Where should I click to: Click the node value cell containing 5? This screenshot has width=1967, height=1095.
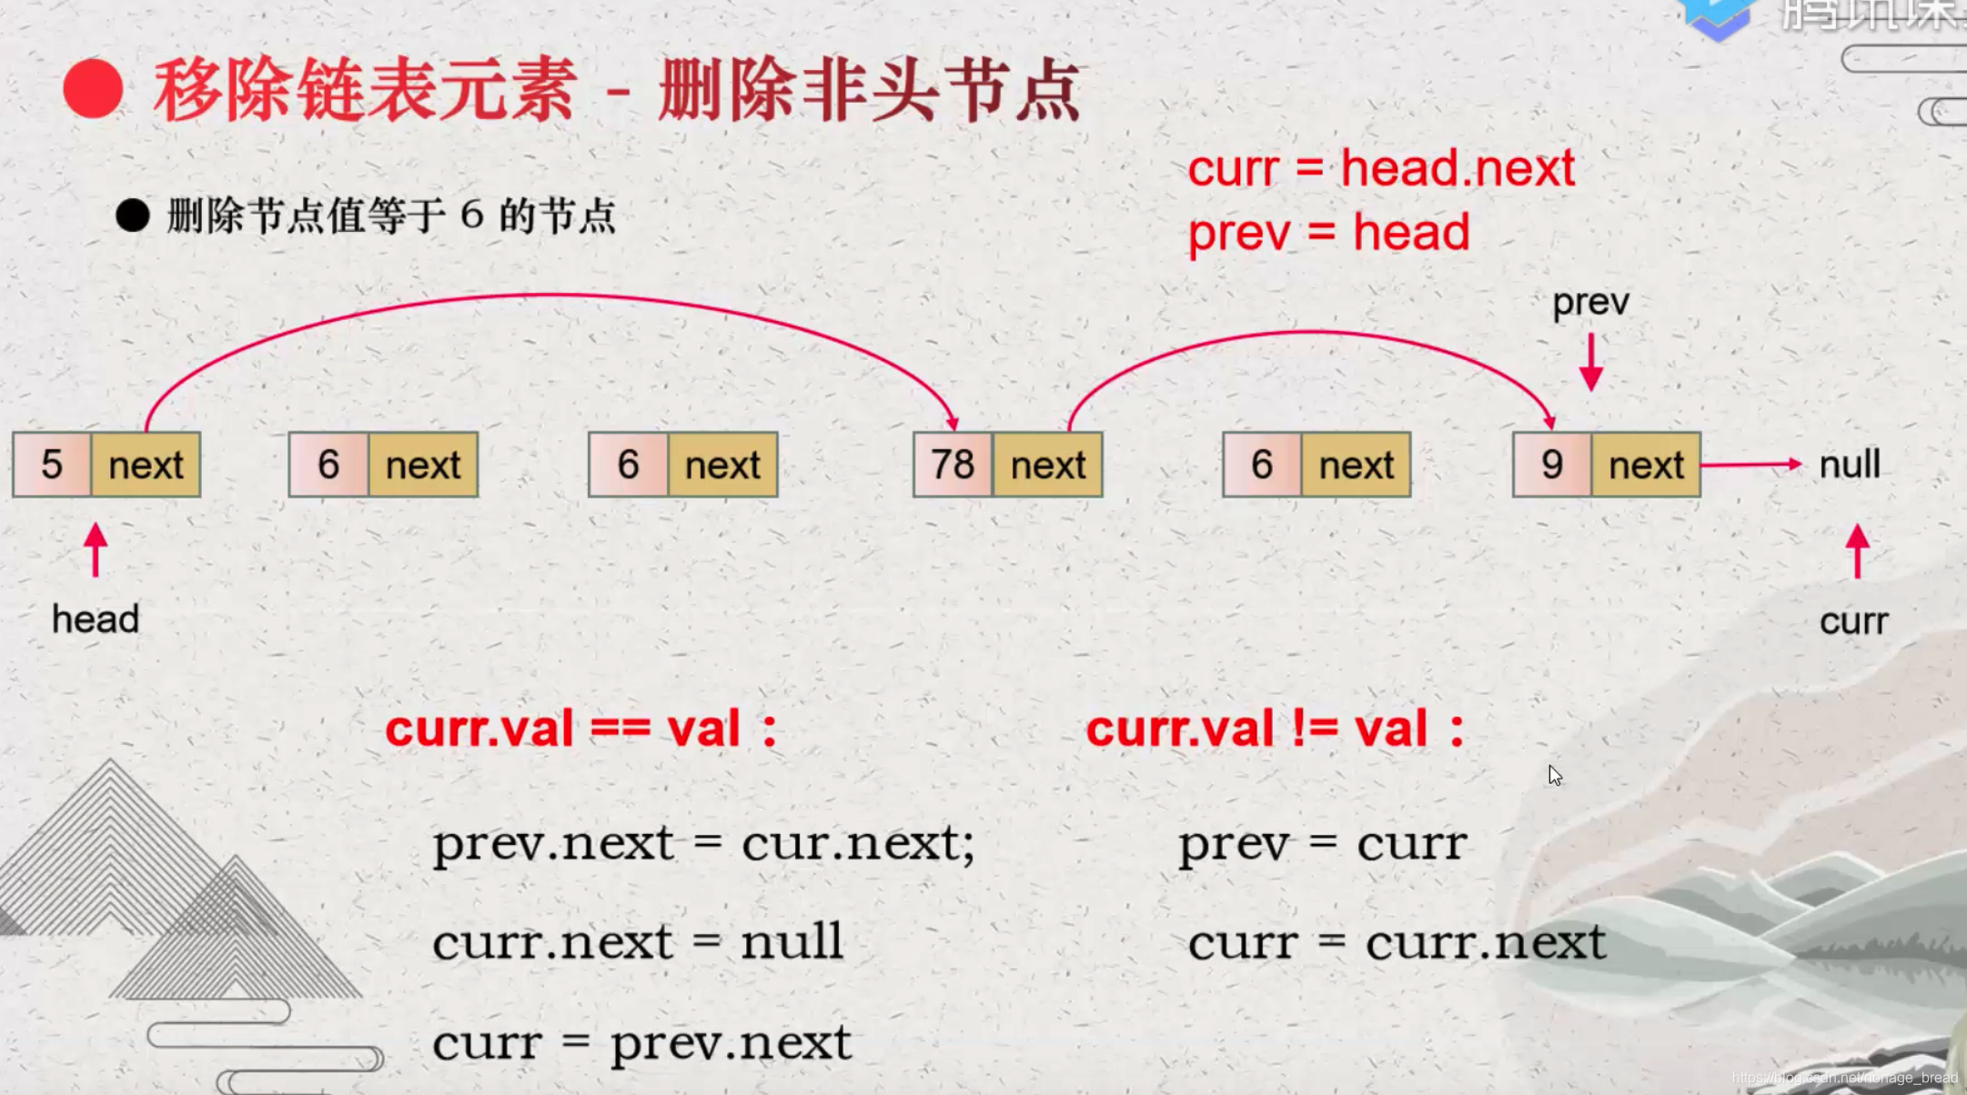click(52, 465)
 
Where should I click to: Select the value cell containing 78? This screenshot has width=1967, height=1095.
click(953, 465)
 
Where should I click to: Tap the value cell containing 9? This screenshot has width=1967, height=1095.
click(1552, 465)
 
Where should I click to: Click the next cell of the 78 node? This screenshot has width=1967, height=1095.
click(1048, 465)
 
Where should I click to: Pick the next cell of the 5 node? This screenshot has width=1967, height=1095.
click(146, 465)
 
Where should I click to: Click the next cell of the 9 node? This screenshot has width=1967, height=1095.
click(1646, 465)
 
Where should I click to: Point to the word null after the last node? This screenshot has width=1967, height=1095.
click(1849, 465)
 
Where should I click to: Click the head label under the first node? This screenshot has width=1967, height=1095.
click(96, 619)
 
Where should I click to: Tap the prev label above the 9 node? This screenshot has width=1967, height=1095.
click(1590, 302)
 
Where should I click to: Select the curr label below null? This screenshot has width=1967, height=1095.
click(1853, 621)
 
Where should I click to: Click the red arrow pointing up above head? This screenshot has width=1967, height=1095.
click(96, 550)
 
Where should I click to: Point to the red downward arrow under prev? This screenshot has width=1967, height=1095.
click(1590, 362)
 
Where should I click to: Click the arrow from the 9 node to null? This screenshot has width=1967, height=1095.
click(1750, 465)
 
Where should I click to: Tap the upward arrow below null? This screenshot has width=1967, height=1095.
click(1857, 551)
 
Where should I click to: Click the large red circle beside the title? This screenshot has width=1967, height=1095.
click(93, 89)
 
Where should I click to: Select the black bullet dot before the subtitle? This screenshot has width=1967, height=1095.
click(133, 216)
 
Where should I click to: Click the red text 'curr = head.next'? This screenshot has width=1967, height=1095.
click(1381, 168)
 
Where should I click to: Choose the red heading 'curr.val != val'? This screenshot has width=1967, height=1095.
click(1274, 728)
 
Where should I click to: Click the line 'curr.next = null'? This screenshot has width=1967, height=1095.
click(637, 941)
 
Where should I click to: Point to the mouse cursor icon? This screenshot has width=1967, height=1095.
click(1555, 776)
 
